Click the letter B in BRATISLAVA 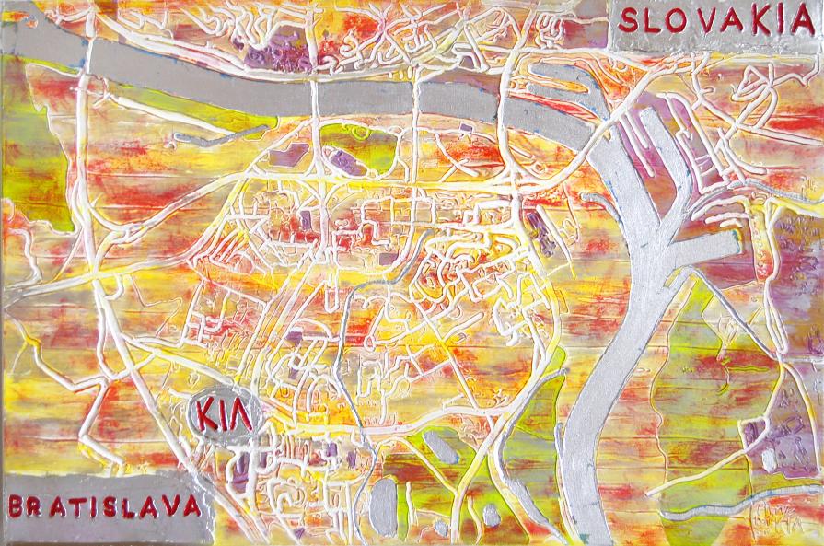(x=17, y=505)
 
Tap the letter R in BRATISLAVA (x=37, y=505)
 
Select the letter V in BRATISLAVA (x=168, y=505)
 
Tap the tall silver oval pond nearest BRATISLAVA (x=384, y=505)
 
